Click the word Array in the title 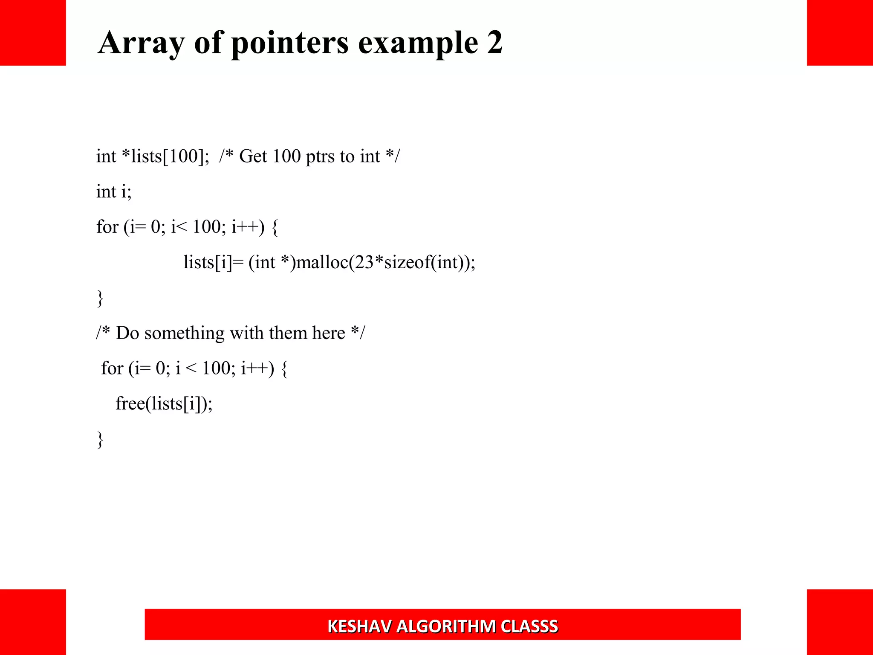141,43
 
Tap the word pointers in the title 290,43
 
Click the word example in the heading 418,43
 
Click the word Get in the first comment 253,157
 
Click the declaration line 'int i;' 114,192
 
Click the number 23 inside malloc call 364,262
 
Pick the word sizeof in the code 407,262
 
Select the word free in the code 130,403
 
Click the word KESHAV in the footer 359,626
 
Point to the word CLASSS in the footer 529,626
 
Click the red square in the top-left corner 33,33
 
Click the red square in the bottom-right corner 840,622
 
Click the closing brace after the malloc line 100,298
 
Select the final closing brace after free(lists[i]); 100,439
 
